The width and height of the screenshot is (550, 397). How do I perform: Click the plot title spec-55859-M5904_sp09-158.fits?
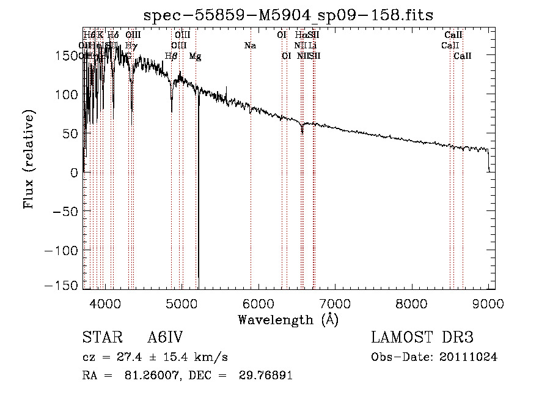pos(288,15)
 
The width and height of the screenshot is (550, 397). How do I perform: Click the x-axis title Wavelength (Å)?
pos(288,319)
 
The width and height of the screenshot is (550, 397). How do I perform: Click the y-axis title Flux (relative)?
pos(29,159)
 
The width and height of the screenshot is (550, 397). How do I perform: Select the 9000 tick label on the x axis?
pos(488,303)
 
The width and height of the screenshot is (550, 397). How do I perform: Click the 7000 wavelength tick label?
pos(335,303)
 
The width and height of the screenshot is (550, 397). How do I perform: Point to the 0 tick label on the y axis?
pos(73,172)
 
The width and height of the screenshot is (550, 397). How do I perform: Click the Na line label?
pos(249,45)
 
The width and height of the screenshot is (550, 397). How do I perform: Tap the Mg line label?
pos(195,56)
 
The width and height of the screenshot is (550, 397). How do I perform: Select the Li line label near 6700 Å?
pos(312,45)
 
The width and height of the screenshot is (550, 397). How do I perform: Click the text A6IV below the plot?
pos(166,338)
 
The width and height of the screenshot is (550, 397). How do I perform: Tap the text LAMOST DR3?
pos(422,338)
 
